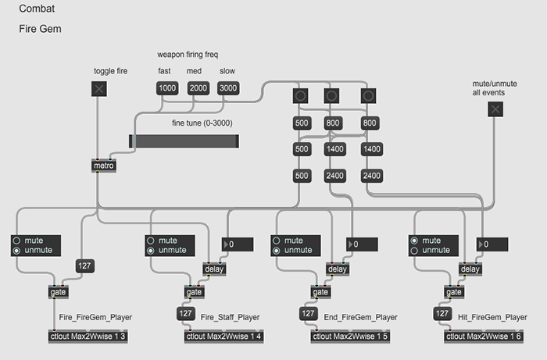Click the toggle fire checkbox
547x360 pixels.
point(99,88)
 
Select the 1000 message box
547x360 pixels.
point(167,88)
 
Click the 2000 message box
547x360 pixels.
point(198,88)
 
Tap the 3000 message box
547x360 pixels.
point(227,88)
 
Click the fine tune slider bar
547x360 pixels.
point(184,141)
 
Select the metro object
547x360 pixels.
point(103,166)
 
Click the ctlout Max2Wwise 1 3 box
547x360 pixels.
point(88,336)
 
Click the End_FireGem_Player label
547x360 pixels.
point(361,317)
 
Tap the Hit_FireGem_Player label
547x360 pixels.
point(493,317)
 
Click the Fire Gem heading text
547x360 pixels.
point(41,29)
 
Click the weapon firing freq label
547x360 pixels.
point(188,55)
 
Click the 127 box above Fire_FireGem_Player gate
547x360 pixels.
point(84,267)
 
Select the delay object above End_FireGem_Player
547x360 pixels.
point(338,269)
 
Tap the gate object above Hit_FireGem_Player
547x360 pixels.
point(453,292)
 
